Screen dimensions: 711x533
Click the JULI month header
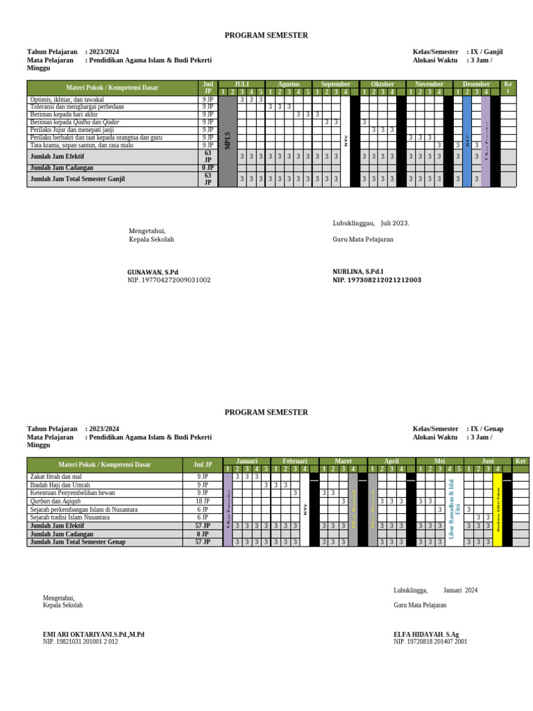[x=242, y=84]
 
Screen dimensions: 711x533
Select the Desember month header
[x=476, y=84]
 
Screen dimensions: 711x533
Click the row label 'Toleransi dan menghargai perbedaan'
[x=77, y=107]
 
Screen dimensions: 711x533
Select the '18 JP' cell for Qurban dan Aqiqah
[x=202, y=501]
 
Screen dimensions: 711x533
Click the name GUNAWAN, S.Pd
[x=153, y=272]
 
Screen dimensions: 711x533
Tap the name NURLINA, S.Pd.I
[x=358, y=272]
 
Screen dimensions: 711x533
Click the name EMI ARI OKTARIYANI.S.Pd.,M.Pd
[x=94, y=634]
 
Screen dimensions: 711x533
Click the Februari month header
[x=285, y=461]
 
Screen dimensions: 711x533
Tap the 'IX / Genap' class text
[x=487, y=429]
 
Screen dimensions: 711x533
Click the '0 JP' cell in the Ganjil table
[x=208, y=168]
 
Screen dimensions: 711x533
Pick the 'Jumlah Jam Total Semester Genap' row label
[x=78, y=542]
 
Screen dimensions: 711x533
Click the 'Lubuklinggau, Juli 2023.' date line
[x=371, y=223]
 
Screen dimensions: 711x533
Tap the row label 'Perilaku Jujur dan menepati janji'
[x=72, y=130]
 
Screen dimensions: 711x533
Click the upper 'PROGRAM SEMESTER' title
[x=266, y=35]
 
